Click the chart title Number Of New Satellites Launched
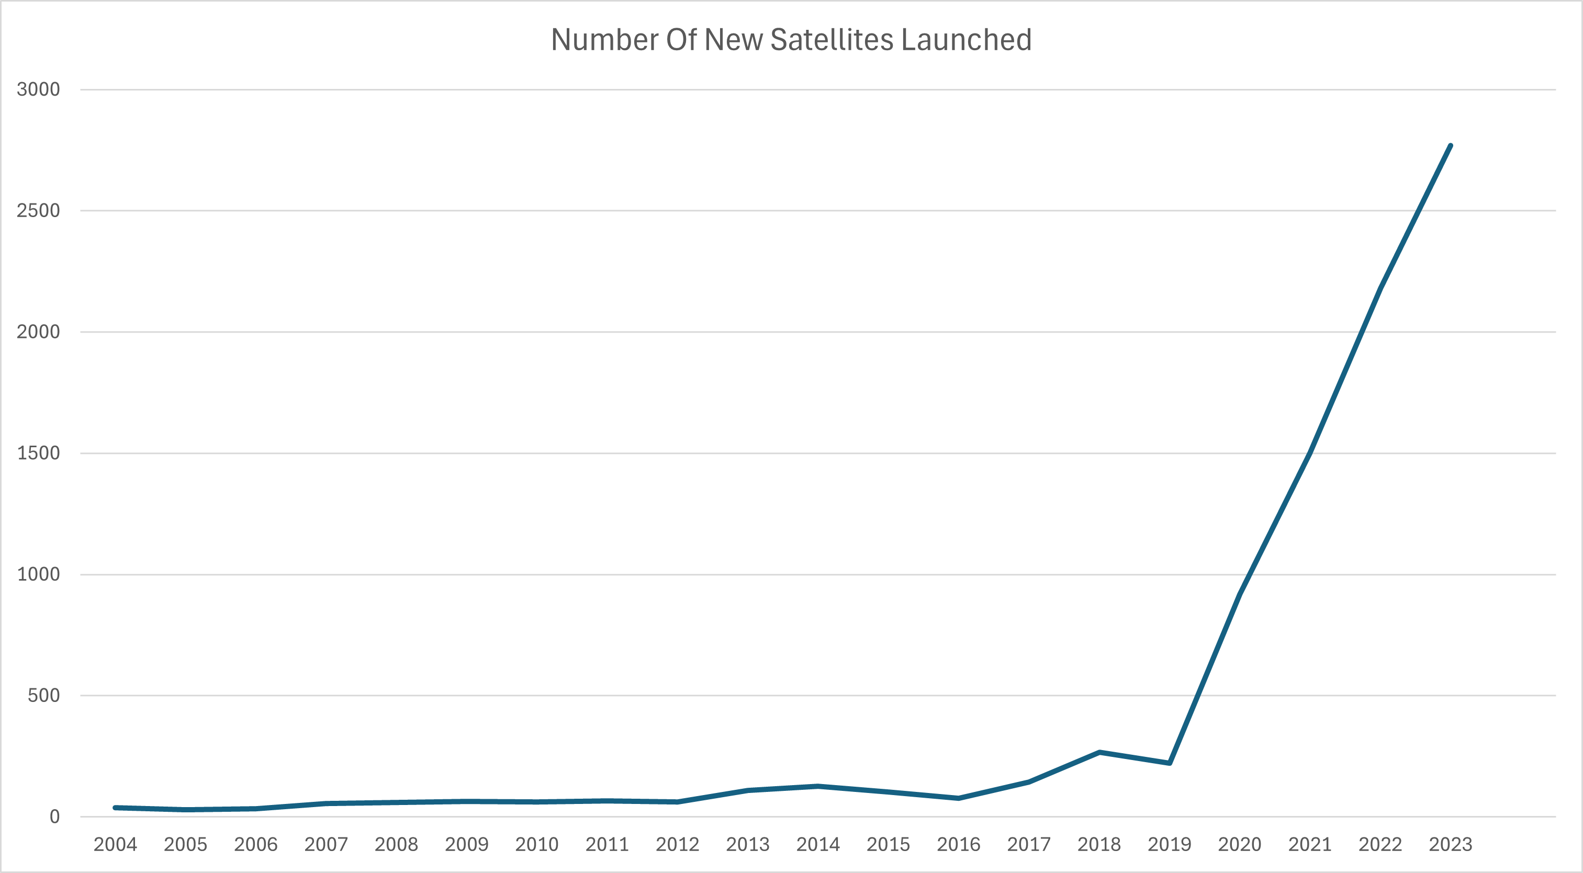(x=791, y=40)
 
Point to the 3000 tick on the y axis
(x=38, y=89)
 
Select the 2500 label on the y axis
(x=38, y=211)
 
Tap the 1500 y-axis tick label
(x=38, y=453)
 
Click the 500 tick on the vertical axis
(x=43, y=696)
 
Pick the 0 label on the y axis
(x=55, y=817)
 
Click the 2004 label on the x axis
(x=115, y=845)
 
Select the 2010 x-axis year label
(x=536, y=845)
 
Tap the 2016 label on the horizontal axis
(x=958, y=845)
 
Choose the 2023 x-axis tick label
(x=1450, y=845)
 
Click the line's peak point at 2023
(x=1450, y=145)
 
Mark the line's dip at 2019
(x=1170, y=763)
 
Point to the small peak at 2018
(x=1099, y=752)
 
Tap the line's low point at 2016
(x=959, y=798)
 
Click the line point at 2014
(x=818, y=786)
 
